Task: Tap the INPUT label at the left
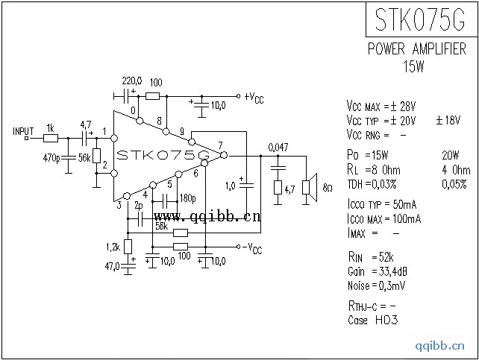(24, 130)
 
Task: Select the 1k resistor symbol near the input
(51, 138)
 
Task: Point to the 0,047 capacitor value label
(278, 146)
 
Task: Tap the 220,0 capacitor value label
(131, 80)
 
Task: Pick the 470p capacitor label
(51, 157)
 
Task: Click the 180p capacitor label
(187, 198)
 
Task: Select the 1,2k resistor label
(113, 247)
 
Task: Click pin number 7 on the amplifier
(220, 145)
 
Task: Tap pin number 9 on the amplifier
(181, 132)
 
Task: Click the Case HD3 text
(372, 320)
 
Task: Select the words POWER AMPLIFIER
(416, 50)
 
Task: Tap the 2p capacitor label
(139, 206)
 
